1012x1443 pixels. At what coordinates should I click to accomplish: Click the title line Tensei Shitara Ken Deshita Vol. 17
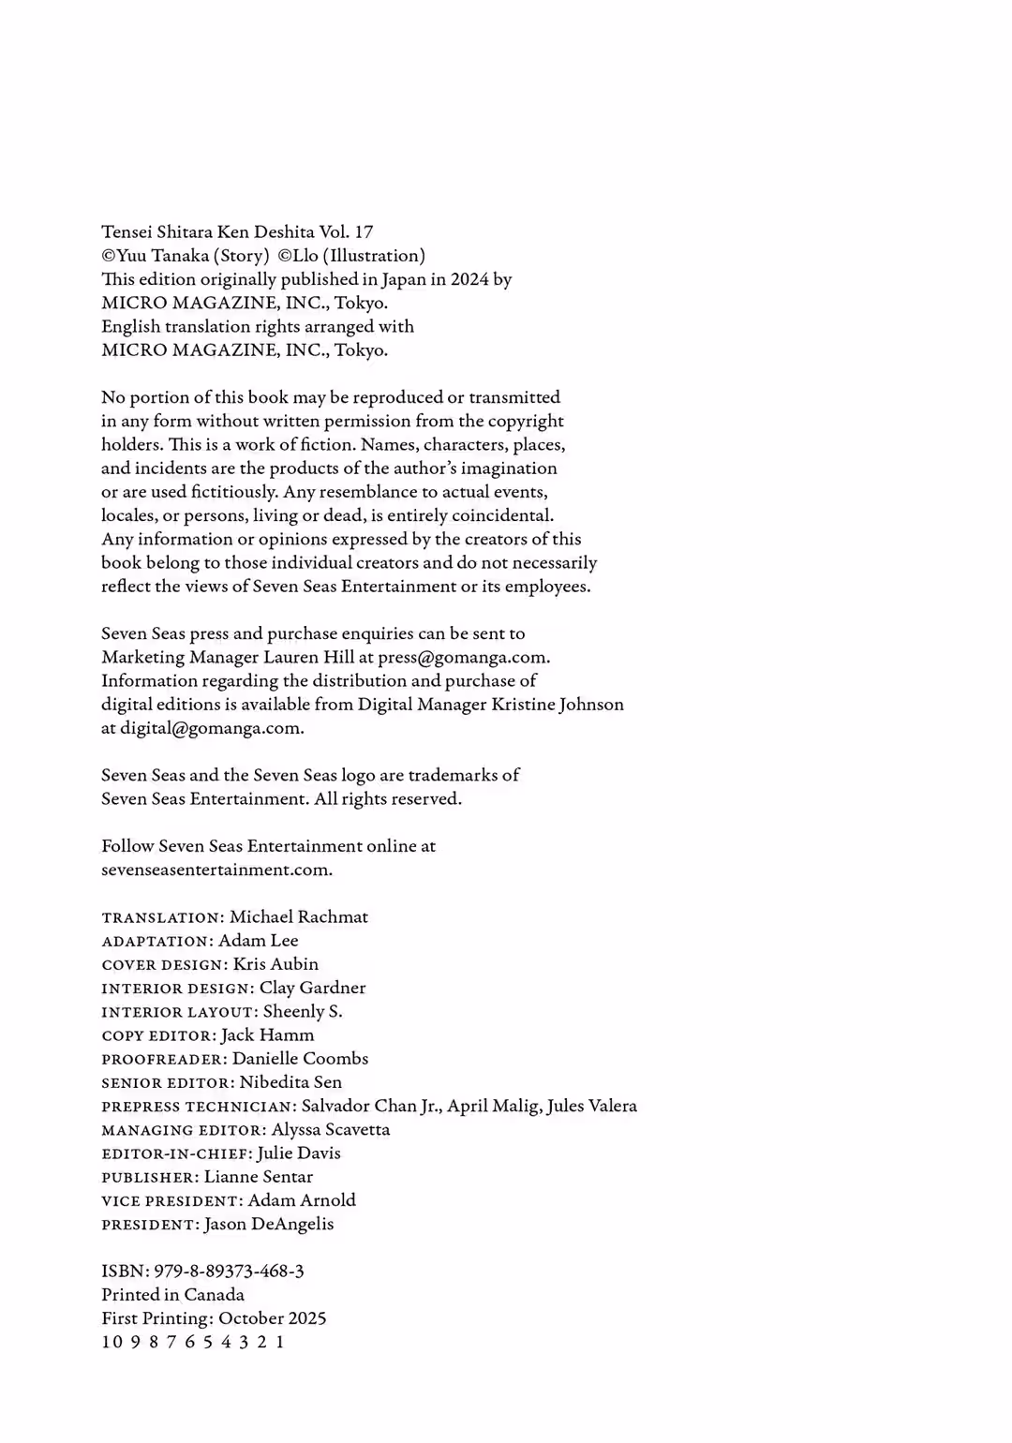pyautogui.click(x=237, y=231)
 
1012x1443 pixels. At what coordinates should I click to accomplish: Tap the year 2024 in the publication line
pyautogui.click(x=469, y=279)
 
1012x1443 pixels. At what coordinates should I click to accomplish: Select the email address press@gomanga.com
pyautogui.click(x=463, y=657)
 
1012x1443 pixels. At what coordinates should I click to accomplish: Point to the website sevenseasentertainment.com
pyautogui.click(x=216, y=870)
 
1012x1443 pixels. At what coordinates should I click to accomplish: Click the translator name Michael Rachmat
pyautogui.click(x=299, y=916)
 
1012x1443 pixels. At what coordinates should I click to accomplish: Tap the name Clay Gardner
pyautogui.click(x=312, y=988)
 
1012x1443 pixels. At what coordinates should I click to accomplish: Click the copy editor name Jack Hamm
pyautogui.click(x=267, y=1034)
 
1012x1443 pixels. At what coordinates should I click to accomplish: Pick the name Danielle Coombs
pyautogui.click(x=300, y=1058)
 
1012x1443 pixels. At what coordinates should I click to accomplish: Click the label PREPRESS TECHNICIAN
pyautogui.click(x=199, y=1107)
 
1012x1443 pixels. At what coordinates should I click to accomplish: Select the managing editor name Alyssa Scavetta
pyautogui.click(x=331, y=1129)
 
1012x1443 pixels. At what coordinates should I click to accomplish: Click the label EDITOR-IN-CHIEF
pyautogui.click(x=176, y=1153)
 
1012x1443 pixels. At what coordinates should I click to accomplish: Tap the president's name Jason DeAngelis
pyautogui.click(x=269, y=1224)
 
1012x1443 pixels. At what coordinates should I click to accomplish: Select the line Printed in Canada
pyautogui.click(x=172, y=1294)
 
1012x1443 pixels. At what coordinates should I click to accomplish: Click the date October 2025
pyautogui.click(x=273, y=1317)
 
